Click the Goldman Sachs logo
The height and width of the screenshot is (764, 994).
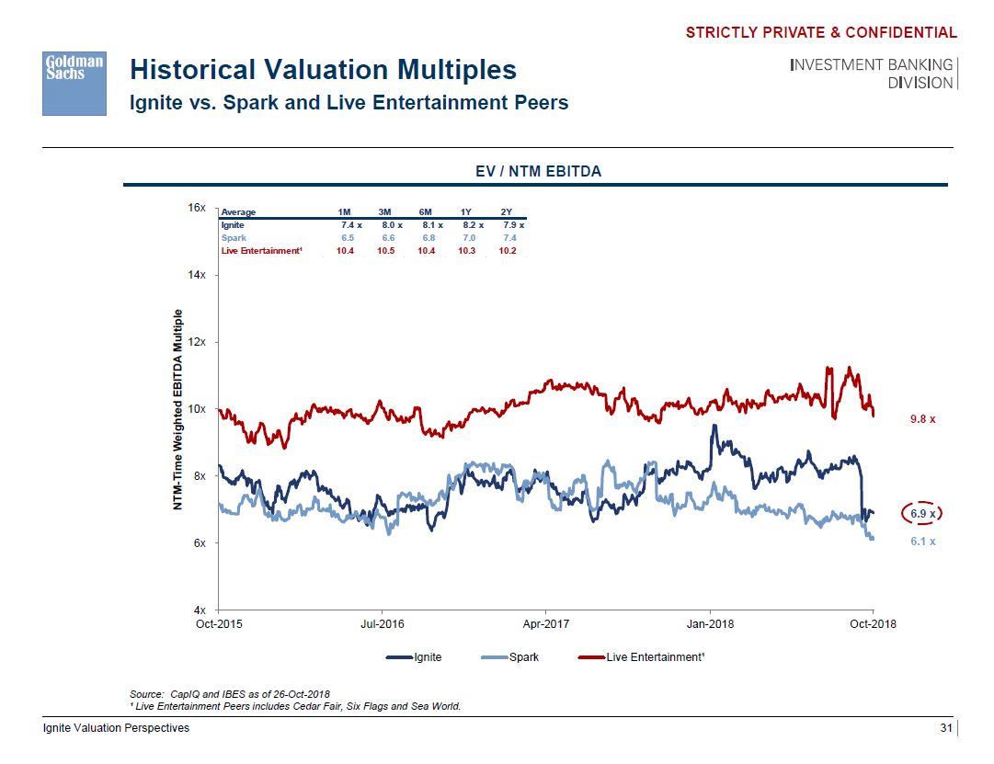(74, 83)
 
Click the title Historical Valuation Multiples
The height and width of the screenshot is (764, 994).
(323, 71)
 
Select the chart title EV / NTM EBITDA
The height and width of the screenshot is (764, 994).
(539, 171)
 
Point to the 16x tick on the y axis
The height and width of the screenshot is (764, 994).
(197, 208)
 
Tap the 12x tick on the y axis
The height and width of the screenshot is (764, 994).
(197, 342)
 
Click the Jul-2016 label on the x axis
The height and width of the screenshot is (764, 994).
(381, 624)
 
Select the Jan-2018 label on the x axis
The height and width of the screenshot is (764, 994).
(710, 624)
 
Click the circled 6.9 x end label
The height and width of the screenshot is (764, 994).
(922, 513)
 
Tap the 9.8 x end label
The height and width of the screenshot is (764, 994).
(922, 419)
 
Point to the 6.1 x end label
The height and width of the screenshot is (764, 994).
(922, 542)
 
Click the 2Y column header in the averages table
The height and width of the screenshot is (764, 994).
(507, 212)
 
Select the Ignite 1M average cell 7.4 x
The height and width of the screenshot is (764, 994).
(352, 224)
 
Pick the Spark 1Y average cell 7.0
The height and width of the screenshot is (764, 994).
(466, 237)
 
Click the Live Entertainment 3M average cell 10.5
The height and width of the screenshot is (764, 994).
(386, 250)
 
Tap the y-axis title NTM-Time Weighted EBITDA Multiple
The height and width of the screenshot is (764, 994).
(180, 409)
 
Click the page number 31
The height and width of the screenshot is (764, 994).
(944, 728)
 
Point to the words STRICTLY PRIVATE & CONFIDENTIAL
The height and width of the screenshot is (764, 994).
(821, 33)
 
